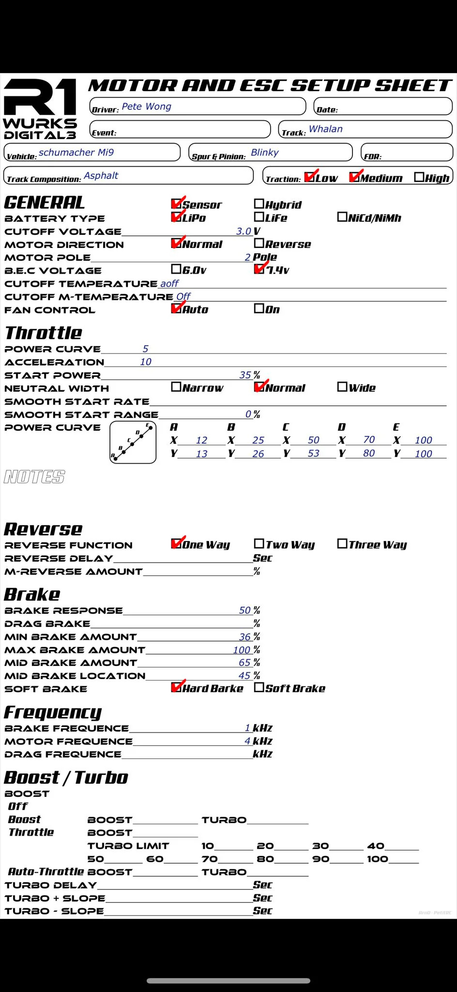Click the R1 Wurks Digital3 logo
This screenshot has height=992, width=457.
(40, 109)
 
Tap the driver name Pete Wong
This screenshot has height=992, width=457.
(146, 107)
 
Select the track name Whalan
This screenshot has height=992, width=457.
(325, 129)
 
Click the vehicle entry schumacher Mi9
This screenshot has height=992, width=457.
(76, 153)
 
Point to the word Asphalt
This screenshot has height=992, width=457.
(101, 175)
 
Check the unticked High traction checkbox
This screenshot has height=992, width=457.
(419, 177)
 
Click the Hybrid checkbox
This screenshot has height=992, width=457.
(259, 204)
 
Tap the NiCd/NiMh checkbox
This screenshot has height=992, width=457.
(342, 217)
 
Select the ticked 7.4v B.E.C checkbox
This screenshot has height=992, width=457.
(259, 269)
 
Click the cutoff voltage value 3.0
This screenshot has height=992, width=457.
(244, 231)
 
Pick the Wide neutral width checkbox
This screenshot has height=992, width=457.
(342, 387)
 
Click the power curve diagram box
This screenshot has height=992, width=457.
(133, 442)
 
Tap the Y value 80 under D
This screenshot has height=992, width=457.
(369, 453)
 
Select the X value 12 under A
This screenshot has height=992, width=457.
(201, 440)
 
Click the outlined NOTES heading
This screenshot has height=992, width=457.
(34, 477)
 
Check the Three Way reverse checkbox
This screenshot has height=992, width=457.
(342, 544)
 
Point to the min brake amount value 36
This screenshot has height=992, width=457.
(244, 637)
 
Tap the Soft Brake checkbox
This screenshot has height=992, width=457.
(259, 687)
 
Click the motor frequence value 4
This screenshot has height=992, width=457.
(247, 741)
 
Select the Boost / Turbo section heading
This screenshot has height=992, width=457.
(66, 777)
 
